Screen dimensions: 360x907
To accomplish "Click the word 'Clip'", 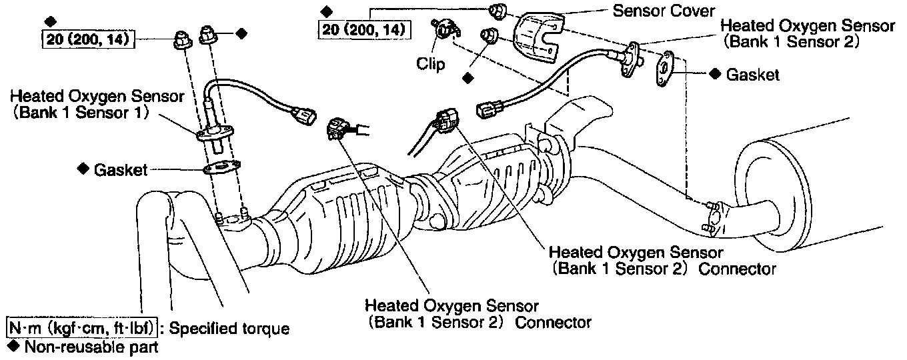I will tap(431, 63).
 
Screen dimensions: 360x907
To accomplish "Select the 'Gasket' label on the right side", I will tap(753, 75).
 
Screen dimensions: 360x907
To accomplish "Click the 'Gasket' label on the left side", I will tap(120, 169).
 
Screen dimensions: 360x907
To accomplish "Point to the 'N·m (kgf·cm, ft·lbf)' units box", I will tap(83, 328).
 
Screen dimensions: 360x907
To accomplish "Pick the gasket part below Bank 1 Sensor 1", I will tap(223, 167).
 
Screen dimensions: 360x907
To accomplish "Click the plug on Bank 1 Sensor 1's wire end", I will tap(306, 117).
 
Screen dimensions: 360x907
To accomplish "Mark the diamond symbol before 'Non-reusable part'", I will tap(11, 347).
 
